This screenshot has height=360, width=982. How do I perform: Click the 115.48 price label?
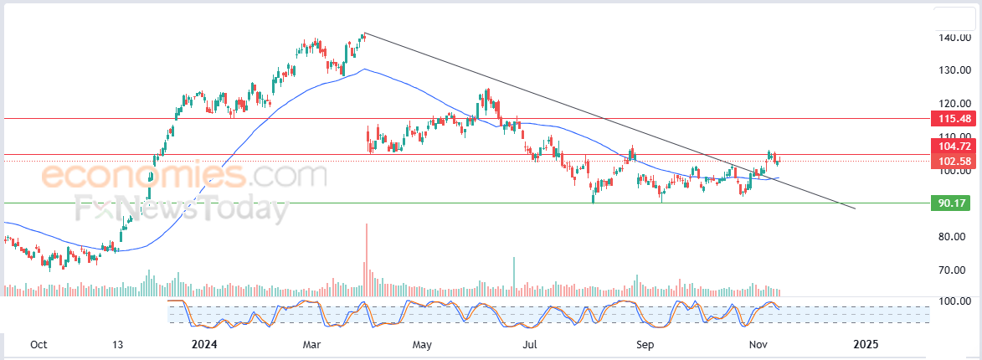click(x=954, y=119)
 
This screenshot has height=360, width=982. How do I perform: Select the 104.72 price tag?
click(x=954, y=147)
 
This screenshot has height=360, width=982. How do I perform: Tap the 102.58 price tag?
click(x=954, y=161)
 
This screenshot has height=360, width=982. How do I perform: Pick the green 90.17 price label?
click(x=954, y=203)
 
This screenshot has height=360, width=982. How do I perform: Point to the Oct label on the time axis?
click(x=38, y=344)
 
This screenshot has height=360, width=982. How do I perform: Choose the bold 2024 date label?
click(x=205, y=344)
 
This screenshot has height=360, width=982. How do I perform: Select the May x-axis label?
click(x=423, y=344)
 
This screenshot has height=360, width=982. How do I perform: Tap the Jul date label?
click(x=530, y=344)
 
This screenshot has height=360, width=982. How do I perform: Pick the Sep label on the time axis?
click(x=644, y=344)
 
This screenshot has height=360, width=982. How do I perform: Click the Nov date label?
click(x=758, y=344)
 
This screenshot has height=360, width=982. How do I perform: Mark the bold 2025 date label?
click(x=866, y=344)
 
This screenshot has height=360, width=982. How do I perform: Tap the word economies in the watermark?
click(x=143, y=177)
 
